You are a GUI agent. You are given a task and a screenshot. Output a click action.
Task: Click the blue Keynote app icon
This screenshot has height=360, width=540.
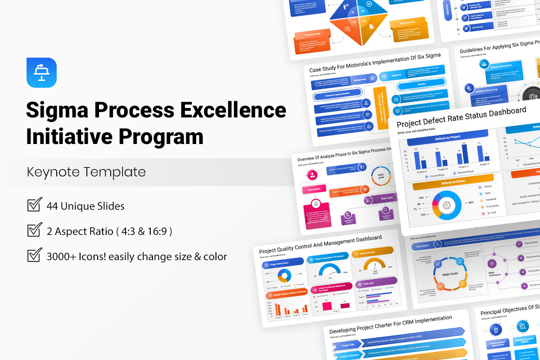coord(42,72)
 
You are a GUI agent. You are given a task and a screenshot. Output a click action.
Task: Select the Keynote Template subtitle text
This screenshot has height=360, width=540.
coord(86,172)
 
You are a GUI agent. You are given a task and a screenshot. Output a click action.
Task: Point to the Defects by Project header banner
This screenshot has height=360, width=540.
coord(447,136)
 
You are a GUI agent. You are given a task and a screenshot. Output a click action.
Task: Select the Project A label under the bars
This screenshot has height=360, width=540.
coord(422,171)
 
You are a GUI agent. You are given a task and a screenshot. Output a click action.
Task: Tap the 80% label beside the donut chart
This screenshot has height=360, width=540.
coord(471,202)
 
